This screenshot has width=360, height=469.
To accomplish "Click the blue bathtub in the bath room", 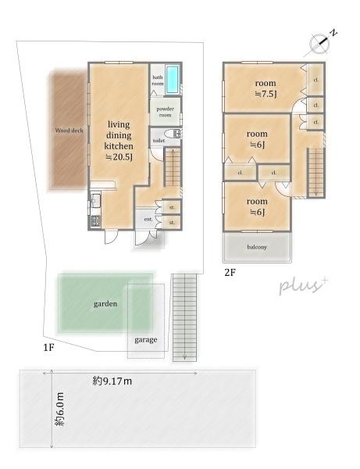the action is pos(172,79).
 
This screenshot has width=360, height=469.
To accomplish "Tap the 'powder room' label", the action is pos(166,112).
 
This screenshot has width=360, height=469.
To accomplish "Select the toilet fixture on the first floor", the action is pos(174,134).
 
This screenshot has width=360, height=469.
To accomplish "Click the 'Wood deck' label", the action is pos(69,131).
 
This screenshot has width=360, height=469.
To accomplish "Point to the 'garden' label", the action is pos(105,304).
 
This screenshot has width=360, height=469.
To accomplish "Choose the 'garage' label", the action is pos(146,340).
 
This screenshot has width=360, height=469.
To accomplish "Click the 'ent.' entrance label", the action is pos(148,219).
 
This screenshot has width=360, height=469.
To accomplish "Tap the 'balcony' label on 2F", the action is pos(257,247).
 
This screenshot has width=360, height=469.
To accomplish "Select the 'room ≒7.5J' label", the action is pos(266,88).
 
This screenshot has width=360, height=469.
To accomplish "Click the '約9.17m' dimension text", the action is pos(112,381).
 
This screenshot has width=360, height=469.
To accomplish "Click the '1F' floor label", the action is pos(48,348).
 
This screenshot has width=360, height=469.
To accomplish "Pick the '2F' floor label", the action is pos(230,273).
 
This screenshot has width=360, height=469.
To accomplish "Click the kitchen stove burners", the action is pos(95,221).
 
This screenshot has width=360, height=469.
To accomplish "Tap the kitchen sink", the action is pos(95,200).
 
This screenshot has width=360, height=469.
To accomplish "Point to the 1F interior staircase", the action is pos(173,167).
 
